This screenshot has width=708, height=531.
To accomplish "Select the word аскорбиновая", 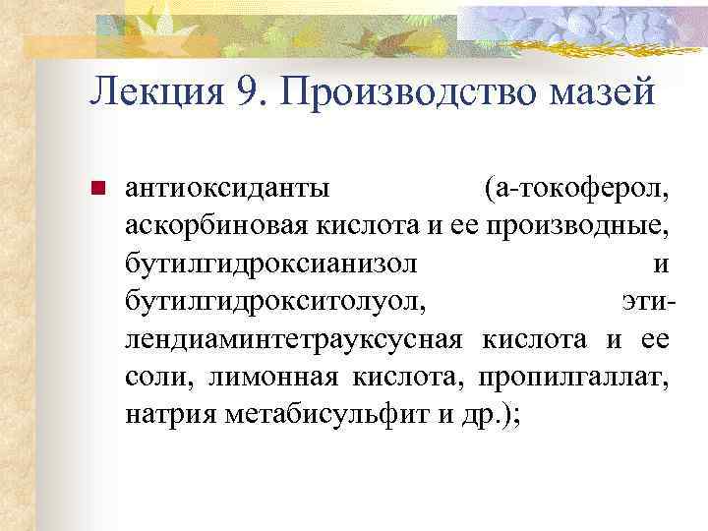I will coord(217,224).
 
